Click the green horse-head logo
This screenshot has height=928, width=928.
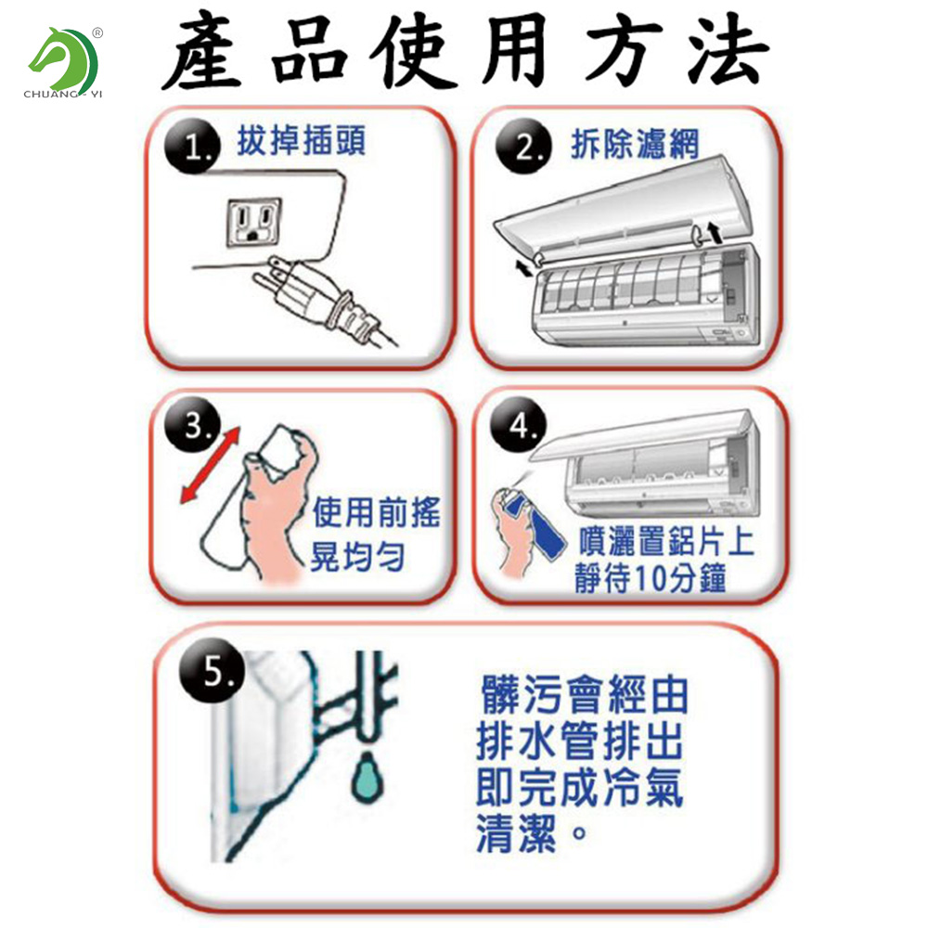63,58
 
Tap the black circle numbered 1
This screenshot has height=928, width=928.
192,146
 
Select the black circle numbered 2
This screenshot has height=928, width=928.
523,146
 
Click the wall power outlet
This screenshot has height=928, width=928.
254,223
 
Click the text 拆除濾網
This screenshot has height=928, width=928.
635,144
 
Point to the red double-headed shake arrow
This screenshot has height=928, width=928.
210,465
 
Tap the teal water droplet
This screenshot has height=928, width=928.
367,777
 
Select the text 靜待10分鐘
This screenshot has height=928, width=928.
650,577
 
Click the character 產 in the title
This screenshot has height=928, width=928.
202,51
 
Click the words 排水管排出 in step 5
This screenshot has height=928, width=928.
580,741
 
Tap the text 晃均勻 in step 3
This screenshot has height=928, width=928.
357,556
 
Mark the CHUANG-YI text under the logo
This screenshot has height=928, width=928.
63,94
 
